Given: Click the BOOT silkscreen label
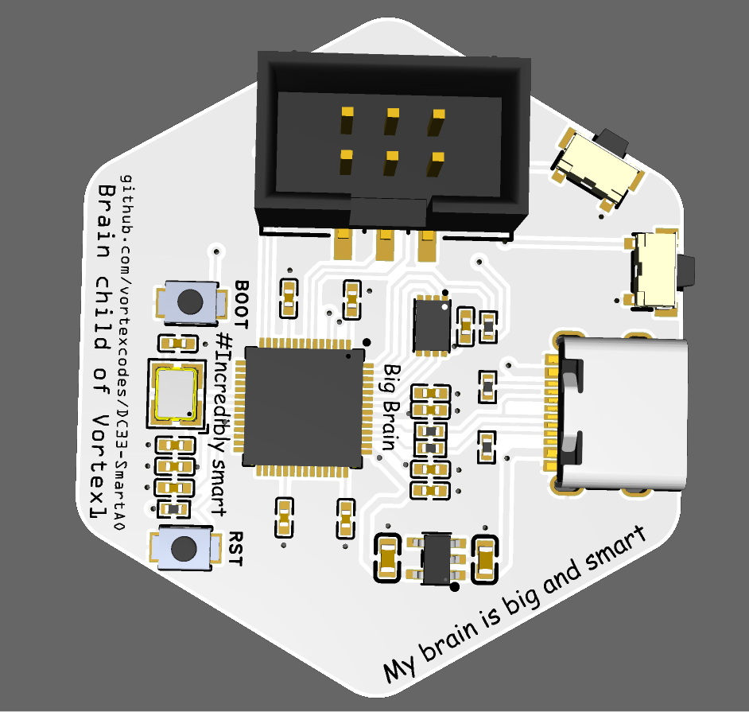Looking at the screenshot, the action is pyautogui.click(x=241, y=305).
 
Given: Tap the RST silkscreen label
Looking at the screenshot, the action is pyautogui.click(x=236, y=548).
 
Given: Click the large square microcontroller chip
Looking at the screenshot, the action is pyautogui.click(x=303, y=407).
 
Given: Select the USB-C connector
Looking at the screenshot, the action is pyautogui.click(x=619, y=414).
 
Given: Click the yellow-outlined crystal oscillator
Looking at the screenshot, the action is pyautogui.click(x=176, y=393).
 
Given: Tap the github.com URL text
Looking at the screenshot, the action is pyautogui.click(x=123, y=352).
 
